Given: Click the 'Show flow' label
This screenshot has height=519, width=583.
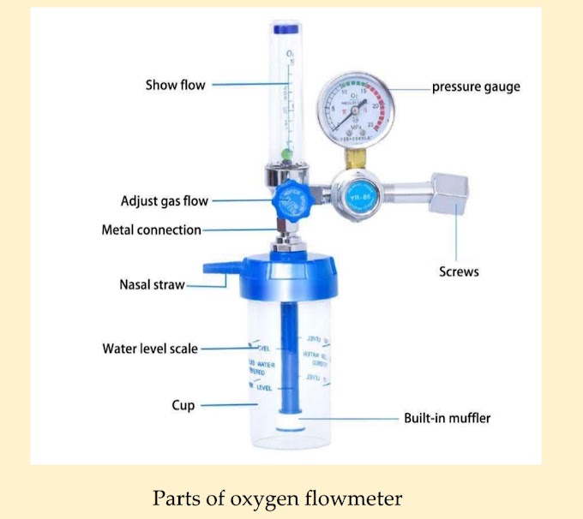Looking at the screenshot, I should tap(175, 85).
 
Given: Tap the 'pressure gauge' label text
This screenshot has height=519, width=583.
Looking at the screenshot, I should tap(476, 86).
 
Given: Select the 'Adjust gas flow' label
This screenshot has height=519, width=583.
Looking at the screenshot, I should tap(165, 201).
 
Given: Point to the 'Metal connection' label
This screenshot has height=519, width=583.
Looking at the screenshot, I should tap(151, 230).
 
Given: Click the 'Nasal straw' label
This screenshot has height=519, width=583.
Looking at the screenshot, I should tap(152, 284).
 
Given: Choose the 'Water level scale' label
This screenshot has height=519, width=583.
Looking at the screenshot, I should tap(150, 349).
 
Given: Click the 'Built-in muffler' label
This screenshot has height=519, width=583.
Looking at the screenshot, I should tap(448, 419).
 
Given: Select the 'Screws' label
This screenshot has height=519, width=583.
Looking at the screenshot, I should tap(459, 271).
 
